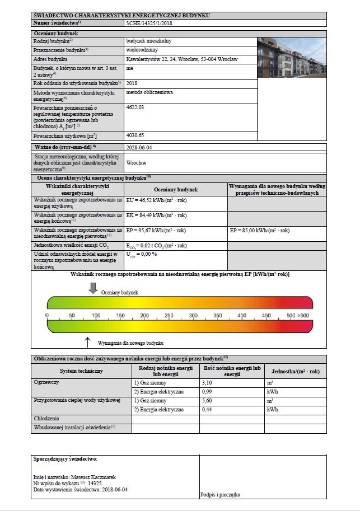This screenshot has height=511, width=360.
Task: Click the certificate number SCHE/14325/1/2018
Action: point(148,23)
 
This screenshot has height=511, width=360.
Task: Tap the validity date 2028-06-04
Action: point(139,147)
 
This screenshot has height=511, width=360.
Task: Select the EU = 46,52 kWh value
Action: point(156,200)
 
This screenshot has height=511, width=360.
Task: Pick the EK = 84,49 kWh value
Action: point(156,215)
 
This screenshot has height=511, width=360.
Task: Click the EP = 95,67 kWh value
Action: point(156,231)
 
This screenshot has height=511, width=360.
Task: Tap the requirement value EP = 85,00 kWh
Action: point(259,231)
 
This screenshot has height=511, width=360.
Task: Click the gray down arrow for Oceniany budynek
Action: point(93,288)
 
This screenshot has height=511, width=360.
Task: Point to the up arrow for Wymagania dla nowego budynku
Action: point(87,341)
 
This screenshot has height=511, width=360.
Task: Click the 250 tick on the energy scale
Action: point(169,316)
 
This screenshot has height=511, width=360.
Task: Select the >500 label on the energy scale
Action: point(304,316)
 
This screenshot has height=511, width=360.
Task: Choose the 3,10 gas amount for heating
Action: point(207,382)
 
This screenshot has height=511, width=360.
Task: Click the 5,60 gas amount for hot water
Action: point(207,401)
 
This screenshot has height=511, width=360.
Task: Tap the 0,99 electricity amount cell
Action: point(207,392)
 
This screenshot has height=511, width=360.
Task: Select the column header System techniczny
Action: point(81,371)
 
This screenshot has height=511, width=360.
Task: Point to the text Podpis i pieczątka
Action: point(220,495)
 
